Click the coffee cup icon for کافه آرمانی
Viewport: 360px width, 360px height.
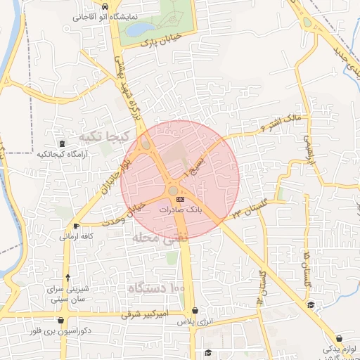click(76, 226)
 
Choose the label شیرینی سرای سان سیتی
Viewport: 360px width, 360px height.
click(67, 294)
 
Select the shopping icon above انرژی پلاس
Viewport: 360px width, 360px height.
click(194, 311)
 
